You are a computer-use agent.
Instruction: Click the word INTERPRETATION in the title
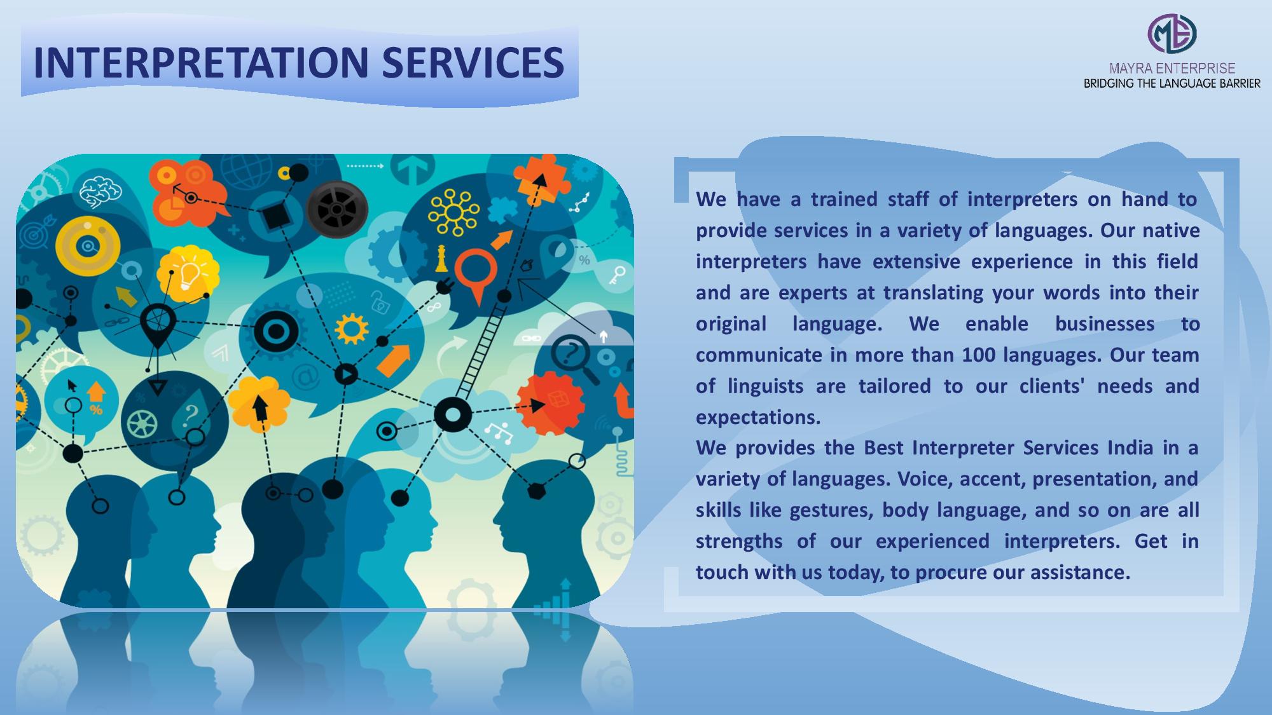[x=201, y=62]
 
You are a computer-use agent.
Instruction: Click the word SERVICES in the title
[x=473, y=62]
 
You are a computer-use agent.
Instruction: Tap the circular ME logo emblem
[x=1172, y=34]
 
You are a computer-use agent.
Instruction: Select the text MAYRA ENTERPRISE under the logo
[x=1172, y=69]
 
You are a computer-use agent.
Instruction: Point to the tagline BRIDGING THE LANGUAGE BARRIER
[x=1172, y=83]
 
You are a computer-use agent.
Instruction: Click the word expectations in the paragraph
[x=757, y=417]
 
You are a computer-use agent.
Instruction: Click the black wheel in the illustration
[x=337, y=209]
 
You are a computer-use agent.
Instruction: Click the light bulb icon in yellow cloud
[x=188, y=273]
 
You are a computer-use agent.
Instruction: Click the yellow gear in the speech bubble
[x=351, y=329]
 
